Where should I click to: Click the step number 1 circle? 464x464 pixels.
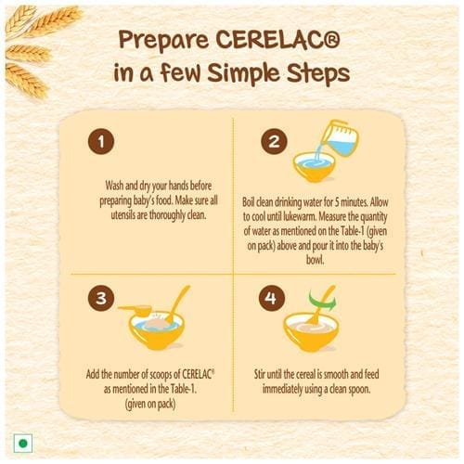point(101,142)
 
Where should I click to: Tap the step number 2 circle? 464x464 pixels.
point(274,142)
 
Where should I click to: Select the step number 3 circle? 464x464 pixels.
point(101,298)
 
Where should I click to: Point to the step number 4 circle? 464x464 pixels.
point(271,298)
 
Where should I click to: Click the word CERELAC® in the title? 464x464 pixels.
point(277,40)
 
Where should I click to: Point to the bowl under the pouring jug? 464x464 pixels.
point(314,167)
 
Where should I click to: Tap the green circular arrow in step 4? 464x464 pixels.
point(322,301)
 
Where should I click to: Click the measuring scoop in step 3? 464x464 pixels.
point(135,310)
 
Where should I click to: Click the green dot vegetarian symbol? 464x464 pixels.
point(23,444)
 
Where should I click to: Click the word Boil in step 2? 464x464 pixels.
point(248,202)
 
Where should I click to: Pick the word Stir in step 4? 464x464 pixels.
point(260,374)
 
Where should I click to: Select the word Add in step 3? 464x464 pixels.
point(93,374)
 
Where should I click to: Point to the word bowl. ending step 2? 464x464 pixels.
point(316,260)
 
